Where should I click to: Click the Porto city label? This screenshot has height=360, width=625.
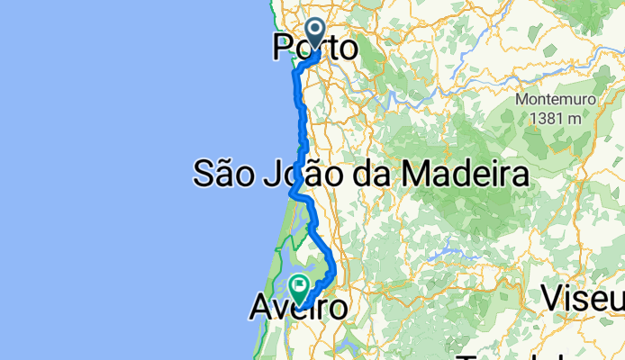point(314,49)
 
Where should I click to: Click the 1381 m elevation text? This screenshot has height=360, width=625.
point(549,117)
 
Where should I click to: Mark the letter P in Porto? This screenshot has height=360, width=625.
point(281,49)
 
